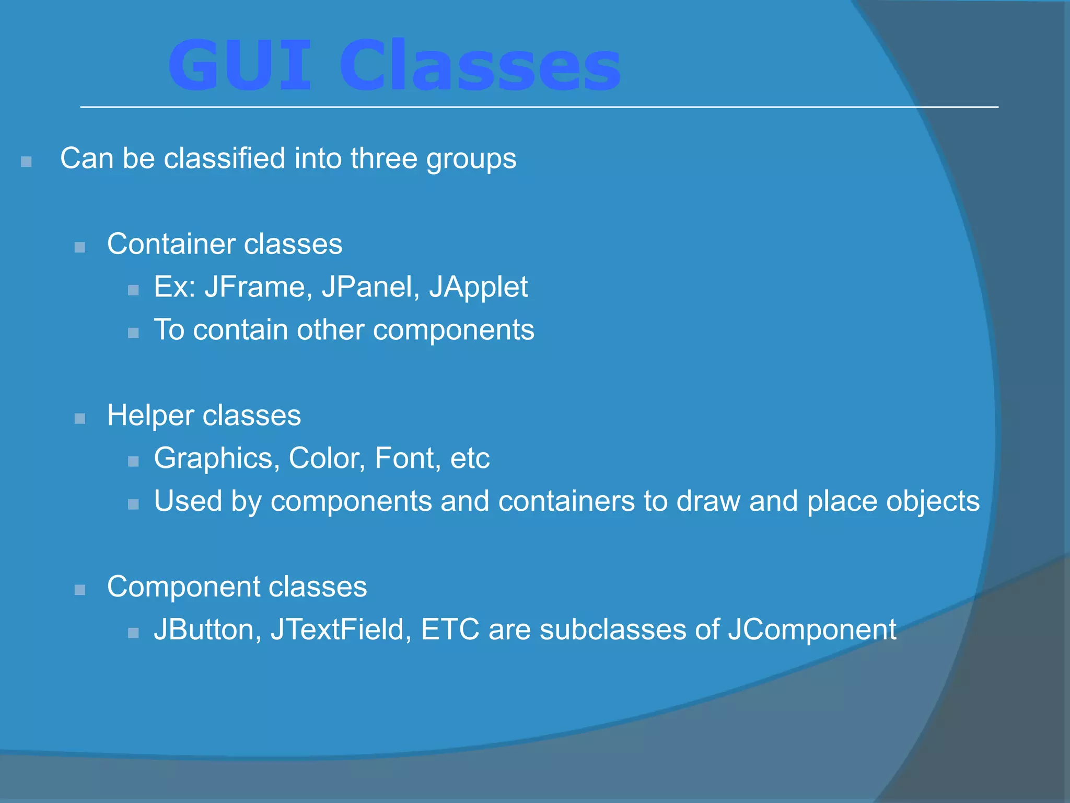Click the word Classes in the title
(480, 66)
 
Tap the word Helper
(150, 416)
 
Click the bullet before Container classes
(80, 247)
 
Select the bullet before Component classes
(80, 590)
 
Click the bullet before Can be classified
(26, 162)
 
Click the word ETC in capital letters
(450, 629)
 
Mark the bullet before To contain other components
(133, 333)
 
